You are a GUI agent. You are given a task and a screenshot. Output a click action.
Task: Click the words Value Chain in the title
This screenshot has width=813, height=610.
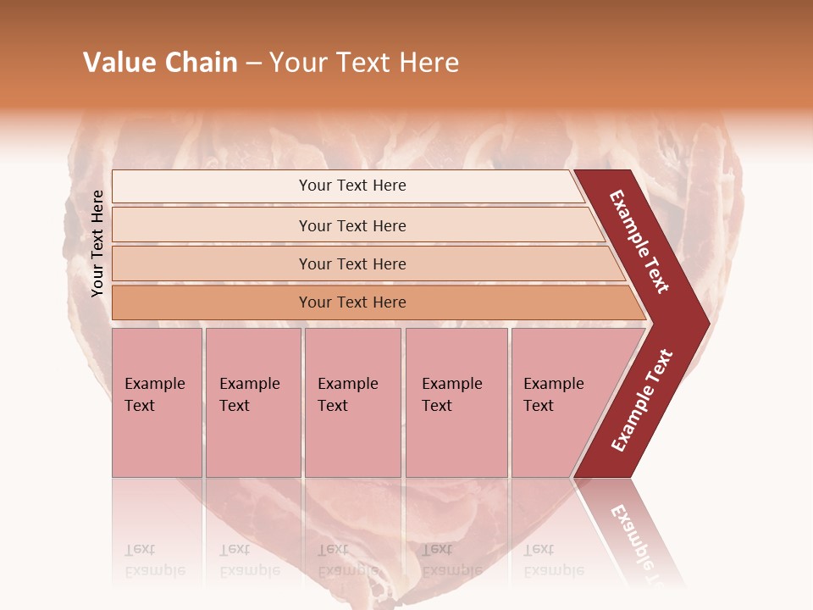pyautogui.click(x=160, y=63)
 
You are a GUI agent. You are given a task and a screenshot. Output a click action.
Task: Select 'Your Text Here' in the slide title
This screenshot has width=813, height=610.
pyautogui.click(x=364, y=63)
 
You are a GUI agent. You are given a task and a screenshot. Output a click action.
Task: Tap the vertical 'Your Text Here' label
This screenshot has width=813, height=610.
pyautogui.click(x=97, y=243)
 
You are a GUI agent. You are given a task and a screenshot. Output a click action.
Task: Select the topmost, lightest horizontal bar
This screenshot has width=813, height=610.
pyautogui.click(x=352, y=186)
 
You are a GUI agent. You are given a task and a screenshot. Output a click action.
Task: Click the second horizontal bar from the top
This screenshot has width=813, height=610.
pyautogui.click(x=352, y=225)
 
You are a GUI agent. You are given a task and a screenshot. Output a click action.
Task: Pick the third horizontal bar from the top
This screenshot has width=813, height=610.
pyautogui.click(x=352, y=263)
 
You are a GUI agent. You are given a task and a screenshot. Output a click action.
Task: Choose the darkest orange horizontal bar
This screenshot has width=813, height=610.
pyautogui.click(x=352, y=302)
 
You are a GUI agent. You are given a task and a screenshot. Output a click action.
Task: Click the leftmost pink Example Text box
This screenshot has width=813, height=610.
pyautogui.click(x=157, y=402)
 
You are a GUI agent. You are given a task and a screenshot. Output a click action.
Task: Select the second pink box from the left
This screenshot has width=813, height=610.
pyautogui.click(x=253, y=402)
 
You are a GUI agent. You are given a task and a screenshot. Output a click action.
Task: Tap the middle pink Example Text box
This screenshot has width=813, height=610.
pyautogui.click(x=352, y=402)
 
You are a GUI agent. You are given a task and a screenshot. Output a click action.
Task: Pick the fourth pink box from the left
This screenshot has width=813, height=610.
pyautogui.click(x=456, y=402)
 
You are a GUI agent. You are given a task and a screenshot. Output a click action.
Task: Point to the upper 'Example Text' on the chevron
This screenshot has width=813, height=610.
pyautogui.click(x=639, y=241)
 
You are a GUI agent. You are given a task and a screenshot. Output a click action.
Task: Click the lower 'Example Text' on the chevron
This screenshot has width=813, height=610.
pyautogui.click(x=642, y=401)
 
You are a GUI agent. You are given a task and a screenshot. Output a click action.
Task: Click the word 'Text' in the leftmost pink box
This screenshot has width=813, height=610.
pyautogui.click(x=140, y=406)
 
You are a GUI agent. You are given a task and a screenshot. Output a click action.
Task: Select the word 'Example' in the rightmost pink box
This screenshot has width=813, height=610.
pyautogui.click(x=553, y=384)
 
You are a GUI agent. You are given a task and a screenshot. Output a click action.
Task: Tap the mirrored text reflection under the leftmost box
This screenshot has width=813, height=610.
pyautogui.click(x=154, y=560)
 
